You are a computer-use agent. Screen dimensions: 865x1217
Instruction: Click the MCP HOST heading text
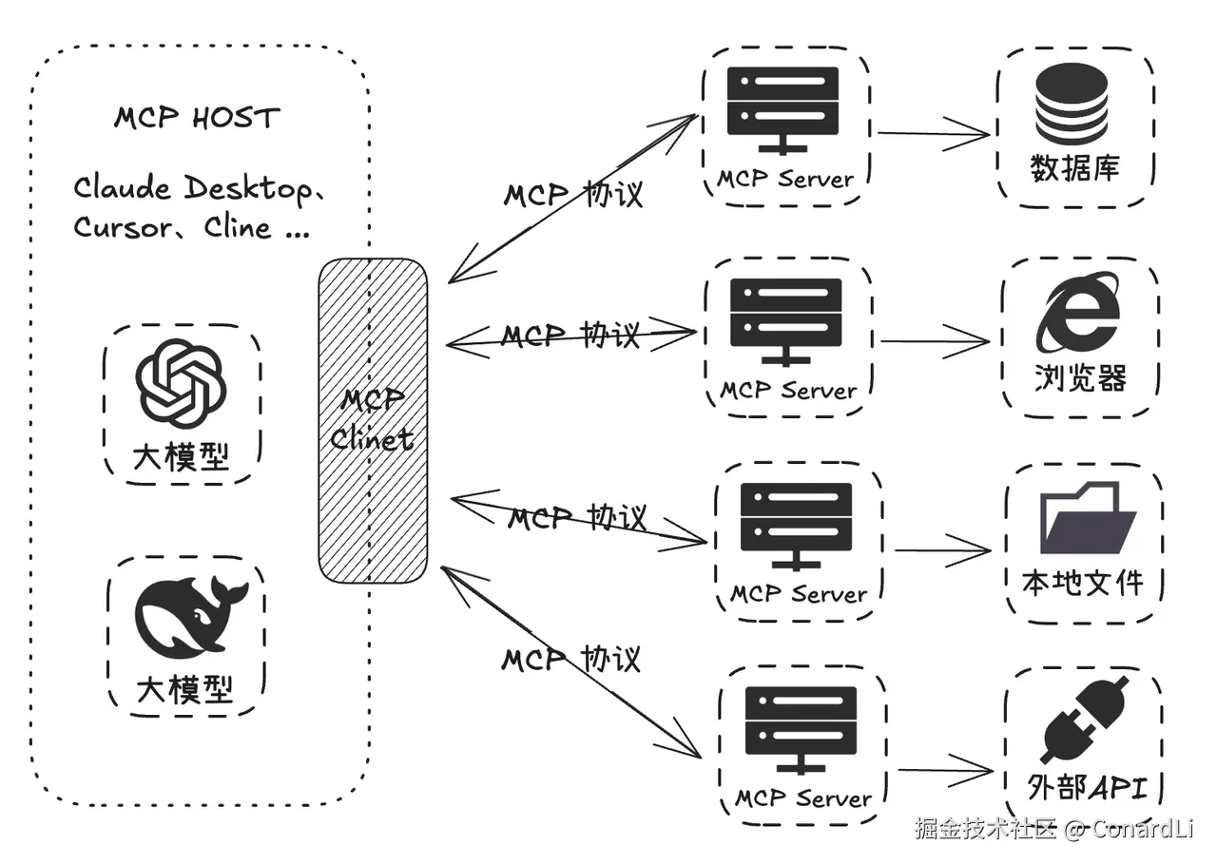[198, 118]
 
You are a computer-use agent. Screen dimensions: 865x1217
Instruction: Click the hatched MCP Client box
[373, 419]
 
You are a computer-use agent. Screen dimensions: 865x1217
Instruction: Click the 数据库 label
[1075, 169]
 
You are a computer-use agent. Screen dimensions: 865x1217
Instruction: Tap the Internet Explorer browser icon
[1078, 311]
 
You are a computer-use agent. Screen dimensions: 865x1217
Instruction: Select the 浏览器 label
[1080, 378]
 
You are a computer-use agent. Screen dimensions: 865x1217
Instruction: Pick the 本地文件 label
[1082, 582]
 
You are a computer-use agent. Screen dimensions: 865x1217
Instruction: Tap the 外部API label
[1088, 788]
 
